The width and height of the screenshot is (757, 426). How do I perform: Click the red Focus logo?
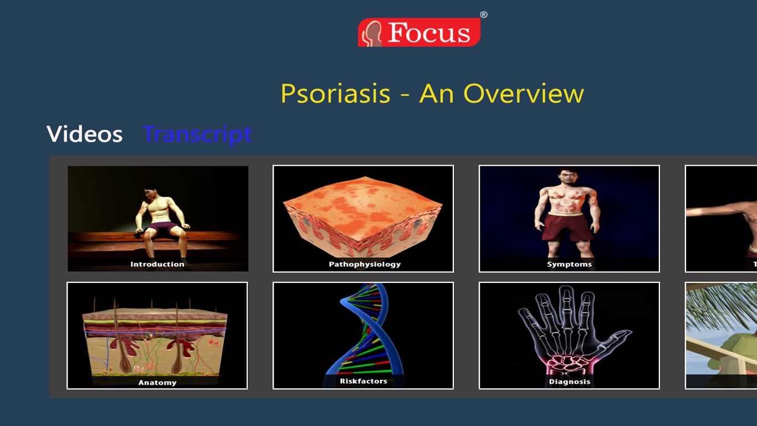[x=419, y=32]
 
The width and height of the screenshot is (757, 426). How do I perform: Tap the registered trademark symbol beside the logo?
[x=484, y=14]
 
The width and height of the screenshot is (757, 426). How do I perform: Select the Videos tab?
[x=84, y=134]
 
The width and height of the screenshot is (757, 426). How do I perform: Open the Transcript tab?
[x=197, y=135]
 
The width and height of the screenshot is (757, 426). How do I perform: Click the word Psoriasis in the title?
[x=336, y=94]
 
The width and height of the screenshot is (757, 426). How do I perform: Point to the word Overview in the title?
[x=524, y=93]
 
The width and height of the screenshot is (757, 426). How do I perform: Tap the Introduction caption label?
[x=157, y=264]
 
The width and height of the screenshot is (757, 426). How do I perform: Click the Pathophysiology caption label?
[x=365, y=264]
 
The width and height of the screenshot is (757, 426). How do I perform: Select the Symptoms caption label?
[x=570, y=264]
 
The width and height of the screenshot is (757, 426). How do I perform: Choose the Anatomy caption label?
[x=157, y=383]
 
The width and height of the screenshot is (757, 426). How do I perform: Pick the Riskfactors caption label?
[x=364, y=381]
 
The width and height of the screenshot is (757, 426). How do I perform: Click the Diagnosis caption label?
[x=570, y=382]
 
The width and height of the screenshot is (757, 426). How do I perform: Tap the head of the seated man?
[x=150, y=191]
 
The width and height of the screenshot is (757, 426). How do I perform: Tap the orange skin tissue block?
[x=362, y=216]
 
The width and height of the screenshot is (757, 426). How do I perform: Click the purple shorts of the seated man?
[x=163, y=229]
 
